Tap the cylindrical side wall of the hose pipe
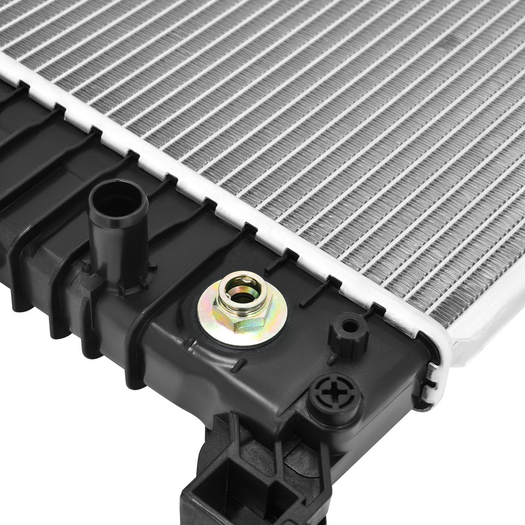click(118, 246)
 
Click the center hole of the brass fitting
click(244, 296)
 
